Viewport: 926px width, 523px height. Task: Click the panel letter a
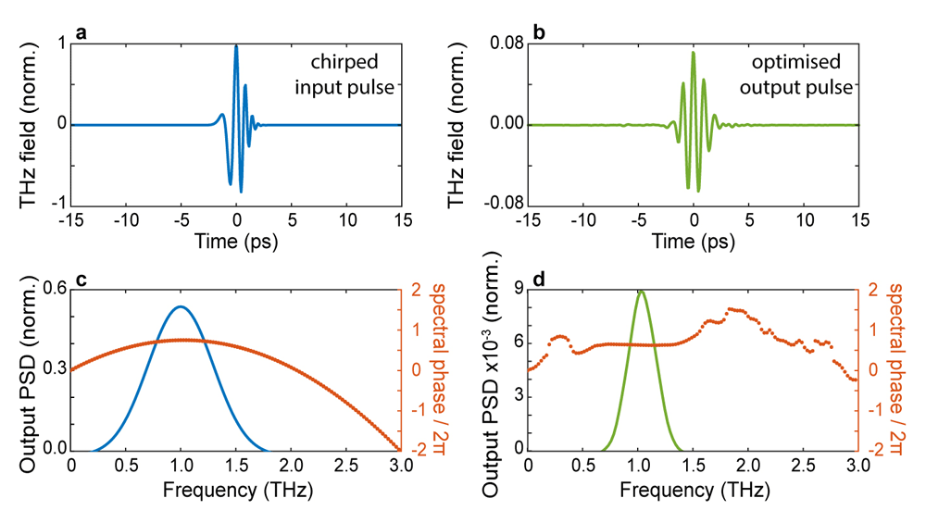coord(81,32)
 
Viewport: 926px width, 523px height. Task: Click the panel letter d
coord(539,278)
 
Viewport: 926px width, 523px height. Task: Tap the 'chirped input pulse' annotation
coord(344,74)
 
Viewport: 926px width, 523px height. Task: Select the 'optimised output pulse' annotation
coord(796,74)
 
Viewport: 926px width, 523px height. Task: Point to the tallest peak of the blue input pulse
coord(236,46)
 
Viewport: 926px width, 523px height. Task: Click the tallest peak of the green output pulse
coord(694,53)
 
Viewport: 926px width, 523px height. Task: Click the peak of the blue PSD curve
coord(181,306)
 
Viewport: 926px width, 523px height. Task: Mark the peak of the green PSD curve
coord(642,291)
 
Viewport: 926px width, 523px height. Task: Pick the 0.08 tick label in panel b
coord(507,44)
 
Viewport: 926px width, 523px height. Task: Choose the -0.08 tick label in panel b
coord(504,204)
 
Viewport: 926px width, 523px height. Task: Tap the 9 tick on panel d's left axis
coord(519,289)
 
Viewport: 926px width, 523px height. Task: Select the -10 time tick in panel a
coord(126,220)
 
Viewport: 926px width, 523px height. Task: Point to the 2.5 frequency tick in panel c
coord(346,466)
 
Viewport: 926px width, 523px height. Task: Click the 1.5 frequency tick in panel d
coord(694,466)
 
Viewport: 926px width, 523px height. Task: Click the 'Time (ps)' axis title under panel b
coord(694,242)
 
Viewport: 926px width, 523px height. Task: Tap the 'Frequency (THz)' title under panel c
coord(237,490)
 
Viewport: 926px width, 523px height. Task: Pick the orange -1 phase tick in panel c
coord(416,410)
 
